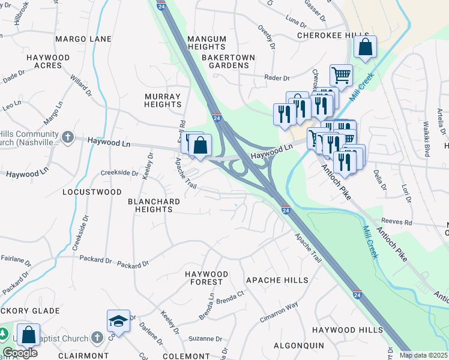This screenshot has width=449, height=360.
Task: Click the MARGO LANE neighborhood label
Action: (83, 39)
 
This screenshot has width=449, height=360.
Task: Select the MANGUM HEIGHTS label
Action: (206, 43)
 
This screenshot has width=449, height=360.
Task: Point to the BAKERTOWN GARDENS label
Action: (228, 61)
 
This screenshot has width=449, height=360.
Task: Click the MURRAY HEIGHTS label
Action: (163, 100)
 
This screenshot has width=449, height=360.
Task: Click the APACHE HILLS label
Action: (277, 280)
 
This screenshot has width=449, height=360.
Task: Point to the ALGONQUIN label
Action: (298, 346)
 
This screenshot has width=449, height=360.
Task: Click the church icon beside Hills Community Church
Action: (67, 137)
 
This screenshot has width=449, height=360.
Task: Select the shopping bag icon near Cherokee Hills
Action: (365, 47)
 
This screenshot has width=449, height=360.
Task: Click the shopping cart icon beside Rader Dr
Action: (341, 76)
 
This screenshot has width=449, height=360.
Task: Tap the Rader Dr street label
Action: (277, 78)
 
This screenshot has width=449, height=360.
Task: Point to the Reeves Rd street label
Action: (399, 222)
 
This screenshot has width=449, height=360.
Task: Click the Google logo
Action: (20, 353)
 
